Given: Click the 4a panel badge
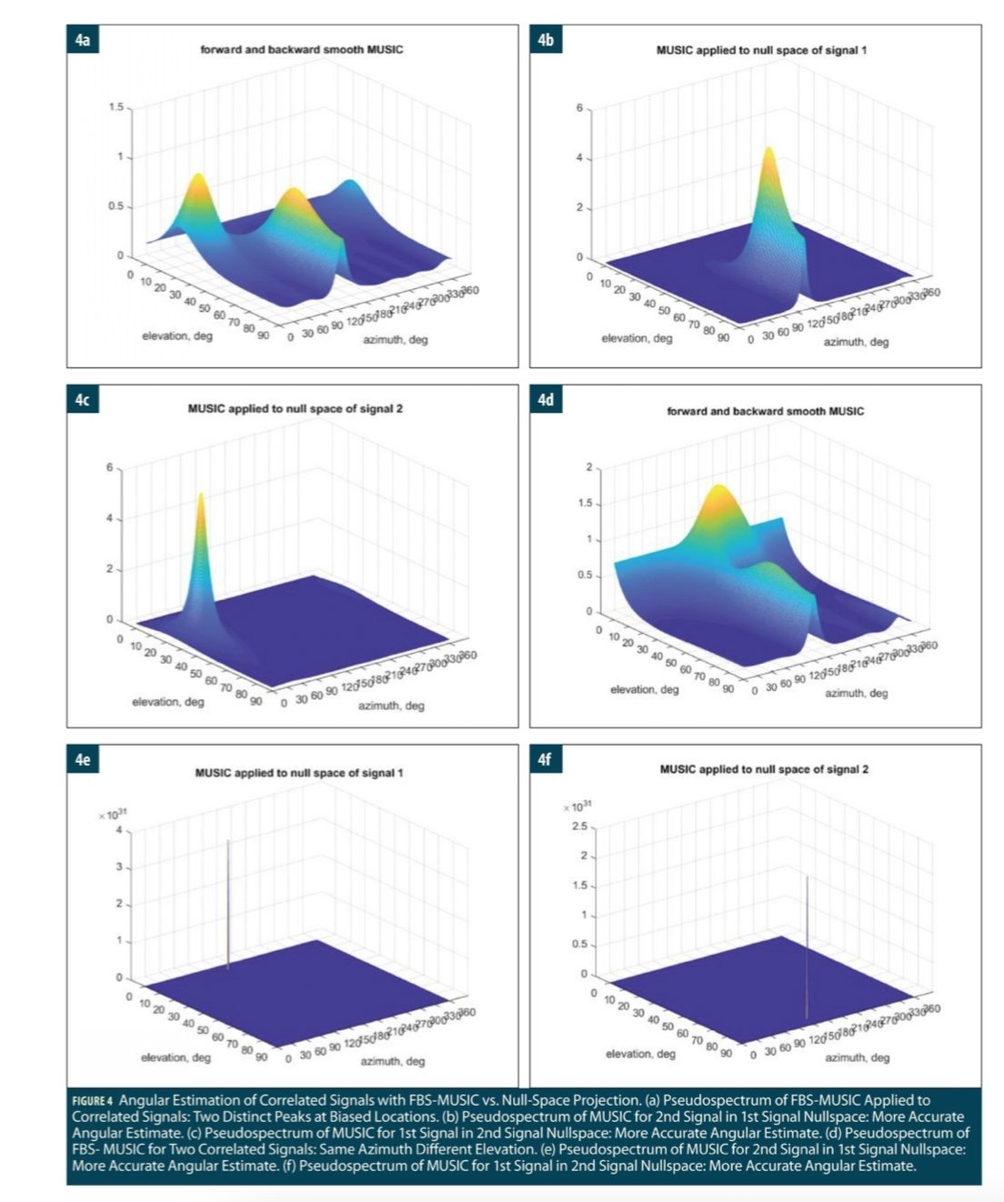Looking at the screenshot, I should [82, 39].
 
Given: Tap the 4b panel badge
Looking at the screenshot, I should [545, 39].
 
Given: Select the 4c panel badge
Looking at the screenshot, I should [82, 400].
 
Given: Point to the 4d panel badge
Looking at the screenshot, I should [545, 400].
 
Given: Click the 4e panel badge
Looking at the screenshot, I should [82, 759].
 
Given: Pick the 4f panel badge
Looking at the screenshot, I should [545, 759].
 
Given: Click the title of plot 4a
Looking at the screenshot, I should [301, 49].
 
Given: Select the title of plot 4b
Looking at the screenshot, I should [761, 50].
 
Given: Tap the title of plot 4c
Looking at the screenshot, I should [295, 408].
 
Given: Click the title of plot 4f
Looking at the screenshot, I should [764, 769].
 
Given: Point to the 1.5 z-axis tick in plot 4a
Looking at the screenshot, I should [115, 108].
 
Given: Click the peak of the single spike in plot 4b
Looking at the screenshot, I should [768, 150].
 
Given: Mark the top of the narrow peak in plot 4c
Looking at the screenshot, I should [200, 496].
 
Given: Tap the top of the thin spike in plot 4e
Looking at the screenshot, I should [228, 842].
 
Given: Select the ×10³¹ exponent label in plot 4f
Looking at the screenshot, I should [577, 806].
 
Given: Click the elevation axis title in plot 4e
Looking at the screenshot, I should [176, 1057].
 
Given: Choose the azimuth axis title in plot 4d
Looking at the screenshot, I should [857, 693].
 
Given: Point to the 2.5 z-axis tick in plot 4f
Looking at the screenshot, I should [579, 826].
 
